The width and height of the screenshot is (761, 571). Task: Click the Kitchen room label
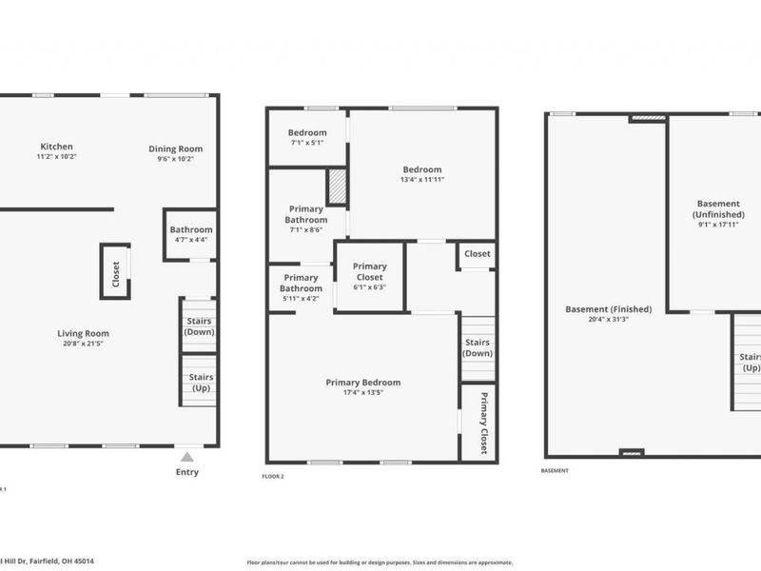pyautogui.click(x=56, y=147)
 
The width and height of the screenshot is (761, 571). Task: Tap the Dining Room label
pyautogui.click(x=175, y=148)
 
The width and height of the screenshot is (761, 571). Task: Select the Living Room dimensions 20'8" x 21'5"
pyautogui.click(x=83, y=344)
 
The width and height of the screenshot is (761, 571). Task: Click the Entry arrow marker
pyautogui.click(x=188, y=458)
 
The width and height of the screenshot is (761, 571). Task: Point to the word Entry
pyautogui.click(x=188, y=472)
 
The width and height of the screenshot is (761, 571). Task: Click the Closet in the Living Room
pyautogui.click(x=115, y=271)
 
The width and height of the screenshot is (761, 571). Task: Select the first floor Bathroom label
pyautogui.click(x=190, y=229)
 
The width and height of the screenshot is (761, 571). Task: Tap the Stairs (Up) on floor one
pyautogui.click(x=201, y=383)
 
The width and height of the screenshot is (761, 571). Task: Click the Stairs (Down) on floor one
pyautogui.click(x=200, y=326)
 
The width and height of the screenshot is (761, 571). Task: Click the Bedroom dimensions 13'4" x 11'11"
pyautogui.click(x=422, y=179)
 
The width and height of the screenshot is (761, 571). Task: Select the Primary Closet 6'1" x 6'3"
pyautogui.click(x=369, y=271)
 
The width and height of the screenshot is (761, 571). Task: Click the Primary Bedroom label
pyautogui.click(x=362, y=382)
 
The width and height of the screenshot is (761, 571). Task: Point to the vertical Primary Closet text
pyautogui.click(x=483, y=423)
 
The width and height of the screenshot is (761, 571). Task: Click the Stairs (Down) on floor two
pyautogui.click(x=477, y=347)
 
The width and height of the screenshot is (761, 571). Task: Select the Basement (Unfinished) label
pyautogui.click(x=719, y=208)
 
